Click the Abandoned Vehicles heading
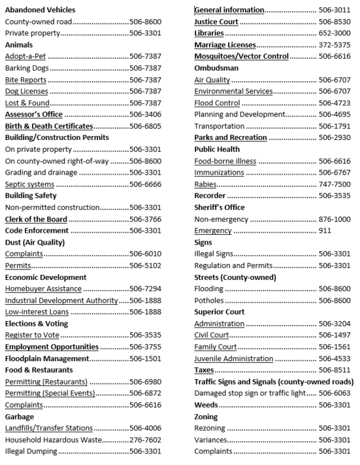point(40,10)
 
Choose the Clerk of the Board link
point(36,219)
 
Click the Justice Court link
point(216,22)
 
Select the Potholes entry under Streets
point(210,300)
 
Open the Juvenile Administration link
point(234,358)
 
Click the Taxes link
point(205,370)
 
